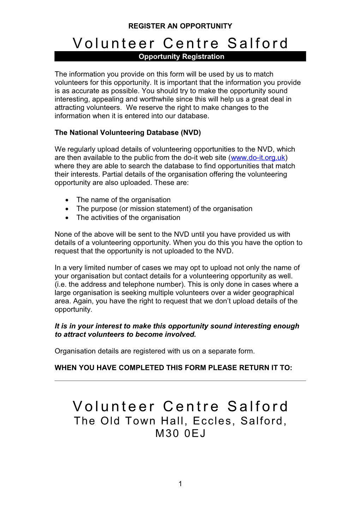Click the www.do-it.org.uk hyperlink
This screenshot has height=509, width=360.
coord(258,158)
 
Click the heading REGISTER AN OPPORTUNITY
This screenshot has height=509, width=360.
coord(180,26)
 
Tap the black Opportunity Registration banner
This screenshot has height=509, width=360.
coord(180,56)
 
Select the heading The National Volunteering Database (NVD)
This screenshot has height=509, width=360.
coord(128,133)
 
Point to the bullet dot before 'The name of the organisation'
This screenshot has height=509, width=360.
coord(67,200)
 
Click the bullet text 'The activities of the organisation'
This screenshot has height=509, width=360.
coord(128,218)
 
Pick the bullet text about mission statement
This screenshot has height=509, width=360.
coord(164,209)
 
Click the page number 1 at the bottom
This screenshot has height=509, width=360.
coord(180,484)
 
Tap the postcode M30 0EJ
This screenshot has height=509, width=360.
coord(180,433)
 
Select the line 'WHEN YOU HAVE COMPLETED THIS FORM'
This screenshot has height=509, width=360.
coord(173,368)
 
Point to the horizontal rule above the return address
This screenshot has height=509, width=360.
coord(180,381)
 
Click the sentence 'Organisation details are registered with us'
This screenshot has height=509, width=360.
coord(155,351)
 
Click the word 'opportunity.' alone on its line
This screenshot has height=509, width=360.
coord(73,310)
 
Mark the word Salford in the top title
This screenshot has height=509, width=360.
coord(258,43)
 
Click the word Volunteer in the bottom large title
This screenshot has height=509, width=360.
coord(114,406)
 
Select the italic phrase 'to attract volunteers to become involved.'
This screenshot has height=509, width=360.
coord(125,335)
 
